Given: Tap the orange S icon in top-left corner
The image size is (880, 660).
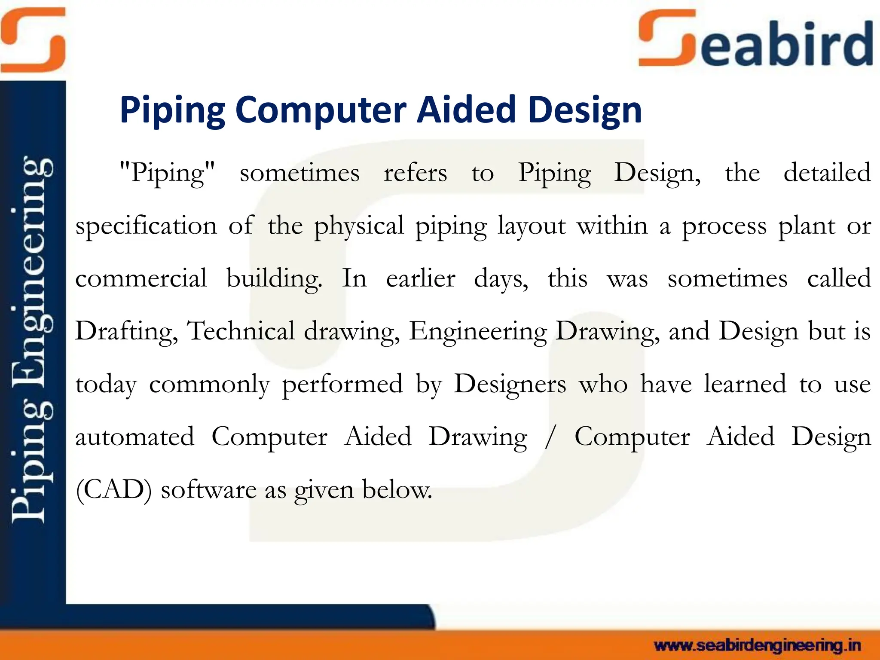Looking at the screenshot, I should pos(33,40).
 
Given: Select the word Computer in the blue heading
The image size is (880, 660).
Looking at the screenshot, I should pos(321,110).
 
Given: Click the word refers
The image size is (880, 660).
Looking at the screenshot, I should pos(415,173).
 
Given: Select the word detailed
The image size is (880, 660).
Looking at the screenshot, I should pos(827,173).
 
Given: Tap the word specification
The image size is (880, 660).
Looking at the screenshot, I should pos(146,226).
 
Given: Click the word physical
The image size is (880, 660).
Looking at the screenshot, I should pos(359,226).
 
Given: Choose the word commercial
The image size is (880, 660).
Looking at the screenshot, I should pos(141,278).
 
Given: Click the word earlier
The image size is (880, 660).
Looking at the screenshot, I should pos(420,278).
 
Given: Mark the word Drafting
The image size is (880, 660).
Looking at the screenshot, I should pos(126,332).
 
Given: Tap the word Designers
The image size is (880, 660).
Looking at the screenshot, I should pos(510,384).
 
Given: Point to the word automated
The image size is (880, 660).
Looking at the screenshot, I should pos(134,437).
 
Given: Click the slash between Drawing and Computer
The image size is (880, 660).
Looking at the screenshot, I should pos(549,437).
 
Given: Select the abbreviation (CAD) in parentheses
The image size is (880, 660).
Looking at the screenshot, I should pos(113,489).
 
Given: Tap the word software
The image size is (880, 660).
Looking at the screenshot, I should pos(209,489).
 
